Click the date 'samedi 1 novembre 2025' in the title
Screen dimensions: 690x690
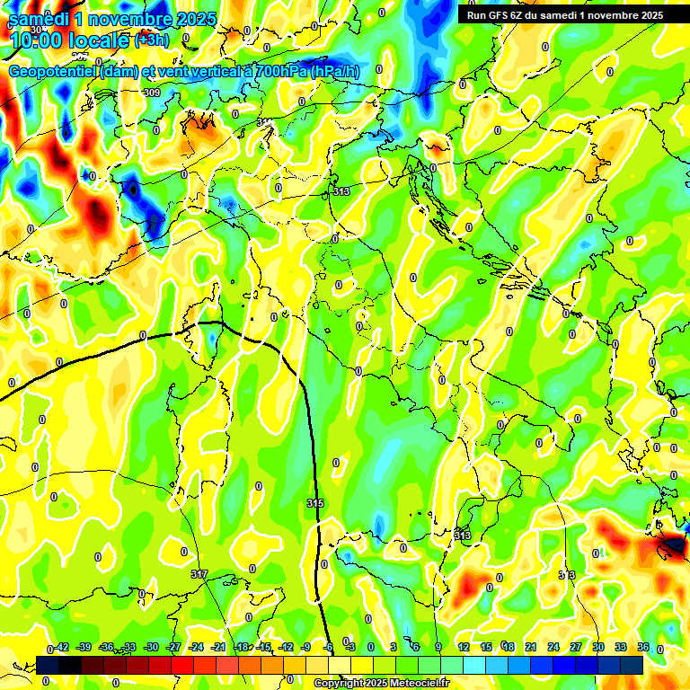click(112, 18)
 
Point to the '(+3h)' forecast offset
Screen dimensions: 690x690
click(152, 40)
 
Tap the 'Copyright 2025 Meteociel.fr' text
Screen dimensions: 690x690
click(382, 683)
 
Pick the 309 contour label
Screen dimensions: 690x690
click(151, 93)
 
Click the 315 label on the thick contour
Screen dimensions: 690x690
click(314, 503)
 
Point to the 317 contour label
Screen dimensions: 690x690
click(199, 573)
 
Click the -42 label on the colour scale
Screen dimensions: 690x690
click(61, 647)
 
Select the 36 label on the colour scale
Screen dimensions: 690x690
click(643, 647)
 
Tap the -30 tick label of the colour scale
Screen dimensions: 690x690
click(151, 647)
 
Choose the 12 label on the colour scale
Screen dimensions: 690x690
click(464, 647)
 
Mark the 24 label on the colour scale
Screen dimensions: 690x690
click(553, 647)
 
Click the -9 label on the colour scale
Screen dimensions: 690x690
click(307, 647)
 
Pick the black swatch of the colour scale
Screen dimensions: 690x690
click(48, 665)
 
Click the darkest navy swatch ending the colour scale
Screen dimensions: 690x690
click(632, 665)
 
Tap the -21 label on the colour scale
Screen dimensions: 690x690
click(218, 647)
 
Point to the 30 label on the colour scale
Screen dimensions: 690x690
click(598, 647)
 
